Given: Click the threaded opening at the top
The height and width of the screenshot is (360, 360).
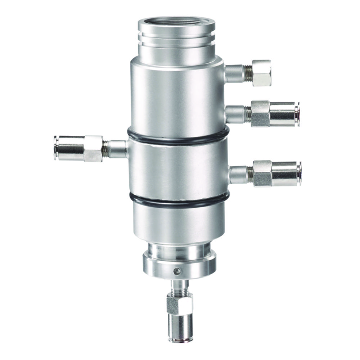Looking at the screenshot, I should coord(176,23).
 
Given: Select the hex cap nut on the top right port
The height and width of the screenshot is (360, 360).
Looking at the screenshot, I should coord(261,73).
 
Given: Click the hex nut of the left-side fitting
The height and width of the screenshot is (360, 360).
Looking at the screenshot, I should coord(93,148).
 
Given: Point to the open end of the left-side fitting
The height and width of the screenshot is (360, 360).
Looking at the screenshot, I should coord(56,148).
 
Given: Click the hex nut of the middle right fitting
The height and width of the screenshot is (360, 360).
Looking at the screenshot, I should coord(260,113).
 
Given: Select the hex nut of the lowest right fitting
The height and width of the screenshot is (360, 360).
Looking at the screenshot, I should coord(262,173).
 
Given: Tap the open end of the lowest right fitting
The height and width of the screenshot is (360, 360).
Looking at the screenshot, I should coord(299,174).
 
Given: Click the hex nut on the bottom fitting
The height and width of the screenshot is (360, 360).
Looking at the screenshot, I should coord(179,303).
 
